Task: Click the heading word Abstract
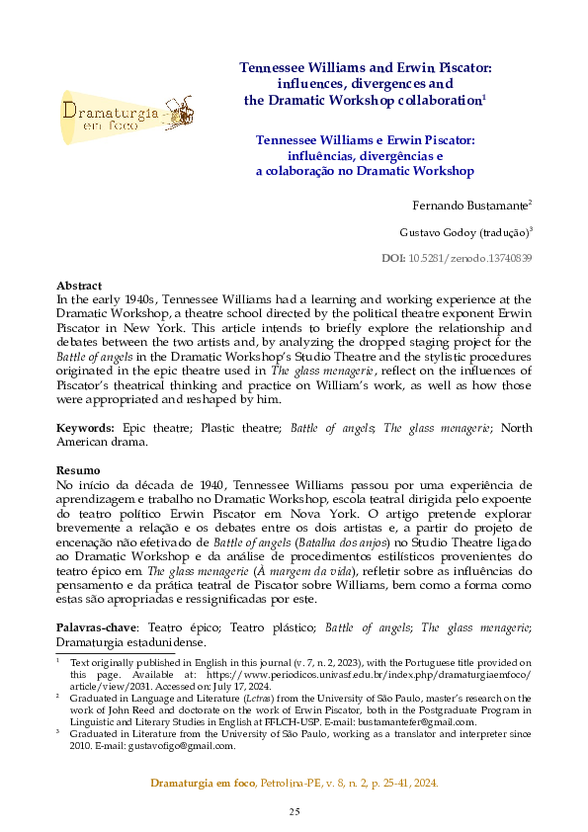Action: pyautogui.click(x=79, y=285)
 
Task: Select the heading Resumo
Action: pyautogui.click(x=78, y=469)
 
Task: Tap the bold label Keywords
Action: pyautogui.click(x=86, y=428)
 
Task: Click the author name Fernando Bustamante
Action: pyautogui.click(x=469, y=205)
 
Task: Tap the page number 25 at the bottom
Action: pyautogui.click(x=294, y=811)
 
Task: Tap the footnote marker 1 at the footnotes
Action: pyautogui.click(x=57, y=657)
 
